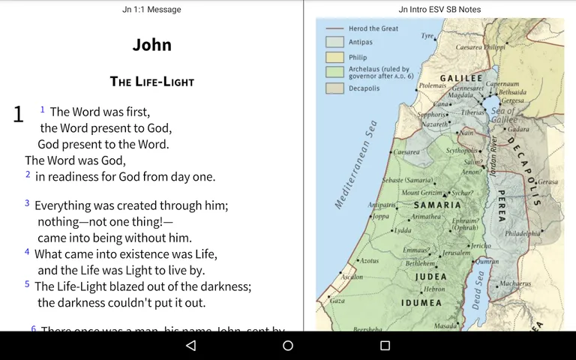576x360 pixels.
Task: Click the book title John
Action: coord(151,45)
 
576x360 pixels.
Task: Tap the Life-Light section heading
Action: coord(151,82)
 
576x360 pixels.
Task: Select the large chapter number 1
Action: coord(19,115)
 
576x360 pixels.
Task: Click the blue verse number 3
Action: coord(27,203)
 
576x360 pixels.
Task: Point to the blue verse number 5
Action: coord(27,284)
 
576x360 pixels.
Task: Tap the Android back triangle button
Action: coord(190,346)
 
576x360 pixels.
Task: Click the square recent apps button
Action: coord(385,346)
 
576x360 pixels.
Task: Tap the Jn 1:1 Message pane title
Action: coord(151,10)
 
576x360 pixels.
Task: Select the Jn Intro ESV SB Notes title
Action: coord(439,10)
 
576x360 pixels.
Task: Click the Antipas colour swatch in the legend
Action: coord(334,42)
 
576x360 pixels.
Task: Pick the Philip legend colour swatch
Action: coord(334,57)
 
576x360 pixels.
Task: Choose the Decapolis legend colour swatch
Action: coord(334,88)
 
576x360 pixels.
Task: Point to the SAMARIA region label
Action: coord(437,205)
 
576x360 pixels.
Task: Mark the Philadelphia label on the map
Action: coord(523,233)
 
